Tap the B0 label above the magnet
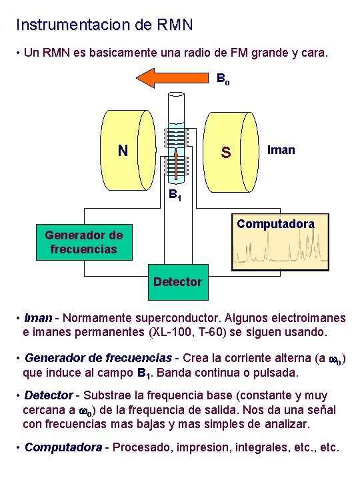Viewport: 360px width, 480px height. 223,78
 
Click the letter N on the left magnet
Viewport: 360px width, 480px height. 123,151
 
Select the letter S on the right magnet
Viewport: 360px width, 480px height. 226,153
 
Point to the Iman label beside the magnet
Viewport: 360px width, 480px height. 281,150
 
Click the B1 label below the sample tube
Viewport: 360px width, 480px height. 175,197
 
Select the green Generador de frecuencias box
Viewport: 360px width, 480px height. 84,242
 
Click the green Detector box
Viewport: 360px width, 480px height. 177,282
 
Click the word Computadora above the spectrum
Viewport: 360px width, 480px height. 275,224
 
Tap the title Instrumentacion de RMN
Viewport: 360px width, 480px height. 105,25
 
